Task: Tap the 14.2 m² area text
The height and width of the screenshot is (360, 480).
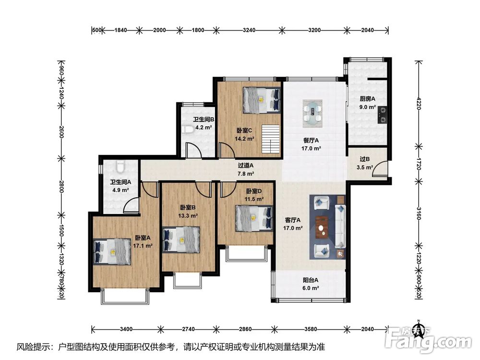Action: tap(244, 139)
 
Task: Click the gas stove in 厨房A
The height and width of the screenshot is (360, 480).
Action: tap(382, 115)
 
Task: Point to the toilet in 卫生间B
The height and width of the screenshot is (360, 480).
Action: tap(187, 130)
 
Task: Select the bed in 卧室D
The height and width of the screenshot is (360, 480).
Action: tap(254, 218)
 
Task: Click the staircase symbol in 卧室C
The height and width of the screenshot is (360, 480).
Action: tap(271, 139)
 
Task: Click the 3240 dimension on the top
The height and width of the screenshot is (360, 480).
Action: tap(249, 30)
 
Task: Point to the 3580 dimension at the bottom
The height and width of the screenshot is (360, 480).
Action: tap(311, 329)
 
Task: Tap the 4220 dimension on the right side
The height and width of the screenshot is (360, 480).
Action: tap(419, 103)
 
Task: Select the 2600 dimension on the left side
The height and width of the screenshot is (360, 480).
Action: tap(61, 132)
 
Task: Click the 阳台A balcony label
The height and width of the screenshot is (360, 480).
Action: tap(311, 280)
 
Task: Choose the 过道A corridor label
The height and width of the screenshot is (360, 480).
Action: tap(246, 166)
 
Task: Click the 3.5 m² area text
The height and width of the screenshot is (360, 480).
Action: tap(365, 168)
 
